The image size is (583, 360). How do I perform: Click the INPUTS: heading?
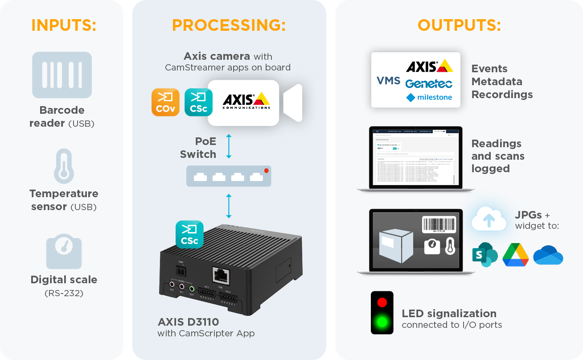64,25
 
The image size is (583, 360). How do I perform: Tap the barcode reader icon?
62,75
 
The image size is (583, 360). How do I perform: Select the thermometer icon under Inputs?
64,166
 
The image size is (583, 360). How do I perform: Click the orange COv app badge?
165,102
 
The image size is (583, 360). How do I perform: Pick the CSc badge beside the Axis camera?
198,102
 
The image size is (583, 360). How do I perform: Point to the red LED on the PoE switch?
266,171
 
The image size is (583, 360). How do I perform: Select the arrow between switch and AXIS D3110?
229,205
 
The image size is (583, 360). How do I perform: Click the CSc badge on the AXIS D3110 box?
189,234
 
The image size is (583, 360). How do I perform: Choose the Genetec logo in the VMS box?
429,83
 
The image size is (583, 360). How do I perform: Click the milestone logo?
429,97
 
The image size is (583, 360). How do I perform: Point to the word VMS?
388,80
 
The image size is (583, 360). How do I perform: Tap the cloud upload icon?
489,219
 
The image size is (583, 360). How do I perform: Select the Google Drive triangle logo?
515,255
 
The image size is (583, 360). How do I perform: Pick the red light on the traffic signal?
382,302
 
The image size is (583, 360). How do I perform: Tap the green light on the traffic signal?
382,321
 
